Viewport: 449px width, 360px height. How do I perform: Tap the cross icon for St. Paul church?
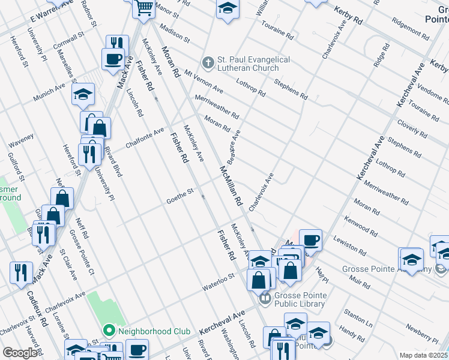pyautogui.click(x=208, y=62)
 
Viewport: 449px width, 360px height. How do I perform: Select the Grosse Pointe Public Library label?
pyautogui.click(x=300, y=299)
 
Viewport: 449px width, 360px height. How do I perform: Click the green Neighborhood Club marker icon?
pyautogui.click(x=109, y=331)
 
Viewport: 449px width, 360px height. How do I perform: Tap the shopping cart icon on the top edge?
pyautogui.click(x=144, y=8)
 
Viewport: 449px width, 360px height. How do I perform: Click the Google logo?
pyautogui.click(x=20, y=353)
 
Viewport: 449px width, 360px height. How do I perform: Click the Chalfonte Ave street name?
pyautogui.click(x=145, y=138)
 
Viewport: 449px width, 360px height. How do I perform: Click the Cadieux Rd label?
pyautogui.click(x=37, y=308)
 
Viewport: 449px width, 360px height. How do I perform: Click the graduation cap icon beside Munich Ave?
pyautogui.click(x=83, y=94)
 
